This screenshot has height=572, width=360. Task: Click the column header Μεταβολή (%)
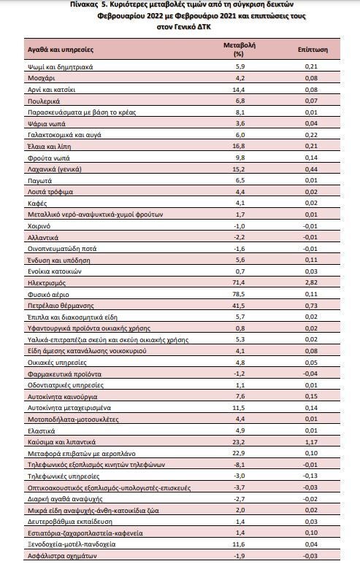click(240, 50)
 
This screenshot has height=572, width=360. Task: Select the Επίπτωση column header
click(313, 50)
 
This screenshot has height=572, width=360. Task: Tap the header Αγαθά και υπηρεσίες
click(61, 50)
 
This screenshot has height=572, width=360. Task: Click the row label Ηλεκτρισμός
click(47, 283)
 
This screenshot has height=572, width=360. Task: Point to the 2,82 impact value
click(311, 282)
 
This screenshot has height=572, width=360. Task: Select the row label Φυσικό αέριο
click(48, 295)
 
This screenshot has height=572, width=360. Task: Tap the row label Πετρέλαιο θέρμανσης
click(61, 306)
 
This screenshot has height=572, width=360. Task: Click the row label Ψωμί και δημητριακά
click(60, 67)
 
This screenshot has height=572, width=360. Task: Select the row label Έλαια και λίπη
click(50, 147)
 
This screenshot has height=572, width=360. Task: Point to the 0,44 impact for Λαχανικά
click(311, 169)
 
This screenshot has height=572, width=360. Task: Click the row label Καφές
click(37, 203)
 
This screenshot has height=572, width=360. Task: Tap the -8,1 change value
click(240, 465)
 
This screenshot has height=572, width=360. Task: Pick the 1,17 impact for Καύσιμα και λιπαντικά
click(311, 442)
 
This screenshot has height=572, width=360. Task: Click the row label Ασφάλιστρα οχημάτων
click(62, 556)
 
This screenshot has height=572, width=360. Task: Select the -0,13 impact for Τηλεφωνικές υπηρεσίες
click(310, 476)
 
